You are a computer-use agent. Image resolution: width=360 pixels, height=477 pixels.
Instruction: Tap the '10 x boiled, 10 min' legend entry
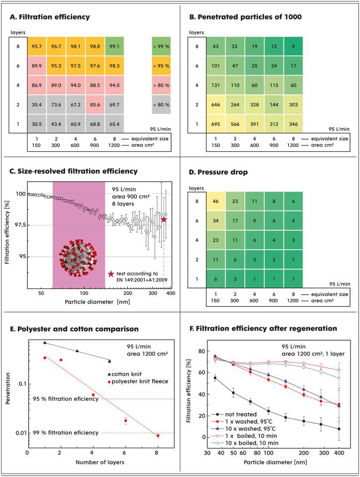pyautogui.click(x=246, y=443)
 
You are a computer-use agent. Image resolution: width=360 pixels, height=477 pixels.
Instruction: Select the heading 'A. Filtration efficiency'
pyautogui.click(x=50, y=17)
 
